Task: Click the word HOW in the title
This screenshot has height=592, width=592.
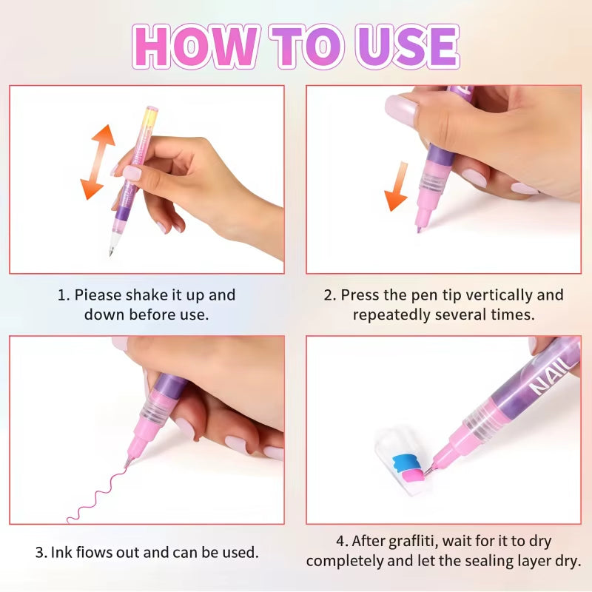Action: (x=195, y=47)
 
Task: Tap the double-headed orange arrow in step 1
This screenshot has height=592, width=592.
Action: (x=98, y=162)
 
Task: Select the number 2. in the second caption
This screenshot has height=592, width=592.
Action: (x=330, y=295)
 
